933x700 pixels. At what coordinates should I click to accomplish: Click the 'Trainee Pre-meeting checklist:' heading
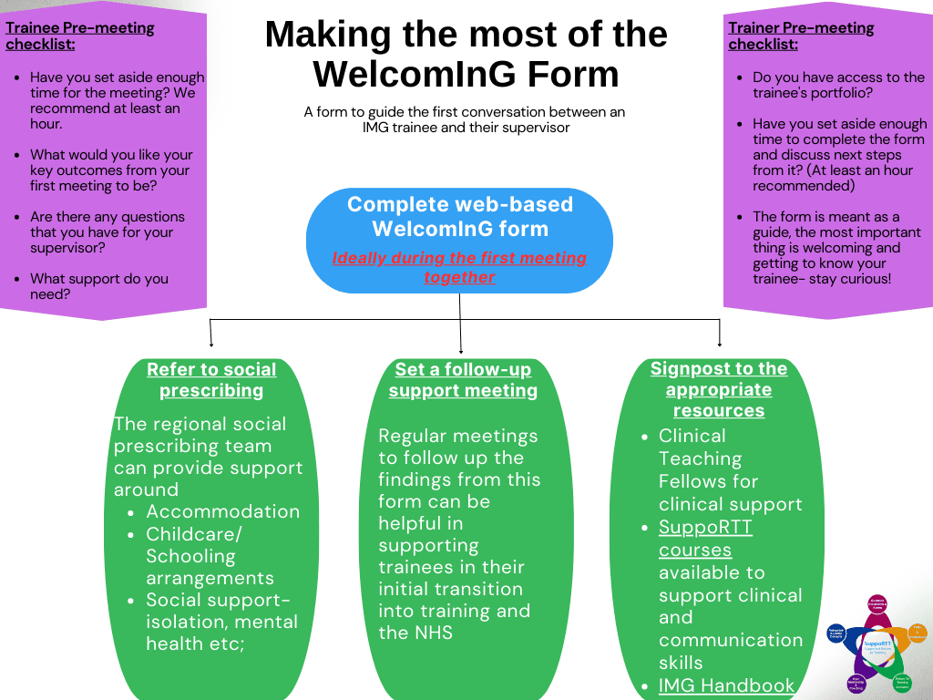tap(80, 36)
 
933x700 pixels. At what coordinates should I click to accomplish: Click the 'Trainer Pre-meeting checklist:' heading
tap(801, 36)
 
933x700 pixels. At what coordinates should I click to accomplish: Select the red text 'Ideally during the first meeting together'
tap(459, 267)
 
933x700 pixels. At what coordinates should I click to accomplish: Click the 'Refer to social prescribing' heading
tap(211, 380)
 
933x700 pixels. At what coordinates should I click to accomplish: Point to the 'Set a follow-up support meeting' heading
tap(463, 380)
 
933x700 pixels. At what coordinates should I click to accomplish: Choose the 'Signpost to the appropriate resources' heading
tap(719, 390)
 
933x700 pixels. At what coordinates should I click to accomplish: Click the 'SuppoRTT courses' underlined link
tap(705, 539)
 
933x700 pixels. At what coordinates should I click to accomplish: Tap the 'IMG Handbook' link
tap(726, 685)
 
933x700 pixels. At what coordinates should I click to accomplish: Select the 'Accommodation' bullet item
tap(223, 511)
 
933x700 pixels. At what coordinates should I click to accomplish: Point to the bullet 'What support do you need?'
tap(99, 286)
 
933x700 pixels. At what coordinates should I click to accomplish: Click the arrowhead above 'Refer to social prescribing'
tap(211, 345)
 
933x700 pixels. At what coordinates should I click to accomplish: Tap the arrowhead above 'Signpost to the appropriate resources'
tap(720, 345)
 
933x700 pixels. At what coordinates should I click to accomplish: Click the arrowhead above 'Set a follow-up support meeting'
tap(461, 350)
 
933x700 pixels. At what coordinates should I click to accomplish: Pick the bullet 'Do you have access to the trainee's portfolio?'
tap(838, 85)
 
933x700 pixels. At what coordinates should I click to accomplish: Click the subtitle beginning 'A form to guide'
tap(466, 119)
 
